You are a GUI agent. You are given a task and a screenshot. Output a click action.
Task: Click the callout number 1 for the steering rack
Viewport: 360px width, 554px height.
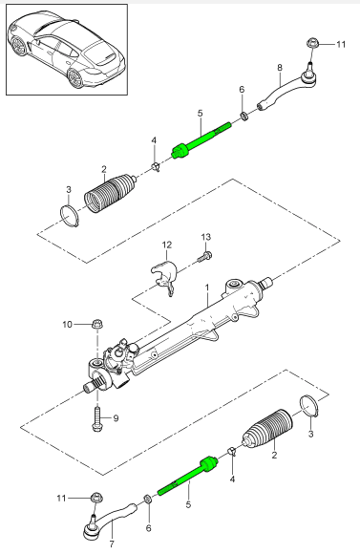point(207,288)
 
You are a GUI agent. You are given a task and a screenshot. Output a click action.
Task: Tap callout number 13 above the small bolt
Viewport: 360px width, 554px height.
point(206,237)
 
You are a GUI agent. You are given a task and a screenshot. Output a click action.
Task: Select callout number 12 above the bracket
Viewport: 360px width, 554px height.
point(167,245)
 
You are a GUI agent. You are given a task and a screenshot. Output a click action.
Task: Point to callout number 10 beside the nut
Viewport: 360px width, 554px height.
point(68,325)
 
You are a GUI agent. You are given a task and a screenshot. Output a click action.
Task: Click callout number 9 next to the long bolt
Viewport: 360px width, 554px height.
point(116,418)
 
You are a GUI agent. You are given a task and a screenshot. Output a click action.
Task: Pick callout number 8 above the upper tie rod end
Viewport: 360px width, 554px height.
point(280,67)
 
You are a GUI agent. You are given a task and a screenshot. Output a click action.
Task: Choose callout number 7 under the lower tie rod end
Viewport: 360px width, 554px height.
point(112,544)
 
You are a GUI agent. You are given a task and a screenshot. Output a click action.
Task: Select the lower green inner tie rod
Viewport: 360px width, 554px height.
point(187,477)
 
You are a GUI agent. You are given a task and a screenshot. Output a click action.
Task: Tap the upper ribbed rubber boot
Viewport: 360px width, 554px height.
point(110,193)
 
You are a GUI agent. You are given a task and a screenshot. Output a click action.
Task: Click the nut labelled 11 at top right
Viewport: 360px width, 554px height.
point(313,43)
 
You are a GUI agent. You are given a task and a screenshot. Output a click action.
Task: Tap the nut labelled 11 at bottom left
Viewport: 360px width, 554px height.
point(96,499)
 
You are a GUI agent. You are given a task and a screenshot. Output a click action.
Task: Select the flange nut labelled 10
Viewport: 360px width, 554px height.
point(97,324)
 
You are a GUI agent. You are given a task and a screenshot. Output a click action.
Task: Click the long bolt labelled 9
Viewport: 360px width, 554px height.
point(97,418)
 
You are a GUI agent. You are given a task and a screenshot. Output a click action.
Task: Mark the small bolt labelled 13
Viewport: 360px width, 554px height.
point(203,256)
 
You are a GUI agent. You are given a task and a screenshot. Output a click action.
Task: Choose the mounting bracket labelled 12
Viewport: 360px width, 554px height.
point(163,277)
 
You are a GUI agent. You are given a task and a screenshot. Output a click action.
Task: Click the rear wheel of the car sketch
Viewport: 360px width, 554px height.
point(75,78)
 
